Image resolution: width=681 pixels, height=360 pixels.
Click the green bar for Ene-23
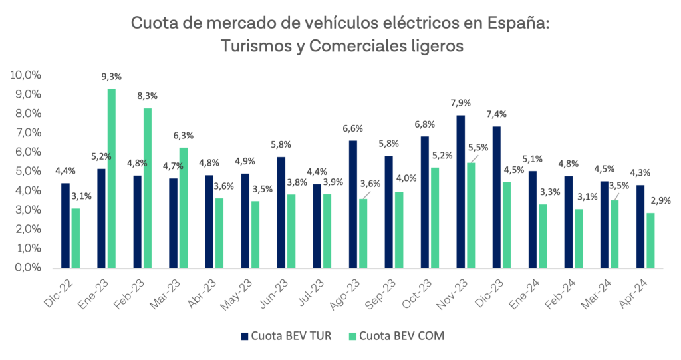(112, 178)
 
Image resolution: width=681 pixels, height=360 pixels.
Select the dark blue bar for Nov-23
(460, 192)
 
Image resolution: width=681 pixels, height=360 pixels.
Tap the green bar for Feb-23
(148, 188)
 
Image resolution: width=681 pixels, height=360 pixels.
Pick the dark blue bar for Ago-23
(352, 204)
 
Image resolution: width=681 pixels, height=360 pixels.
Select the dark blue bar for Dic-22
(65, 226)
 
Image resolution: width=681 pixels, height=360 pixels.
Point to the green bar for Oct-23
(435, 218)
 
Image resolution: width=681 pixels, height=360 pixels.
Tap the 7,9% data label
(460, 103)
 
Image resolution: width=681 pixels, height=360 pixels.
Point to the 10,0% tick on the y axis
(26, 75)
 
